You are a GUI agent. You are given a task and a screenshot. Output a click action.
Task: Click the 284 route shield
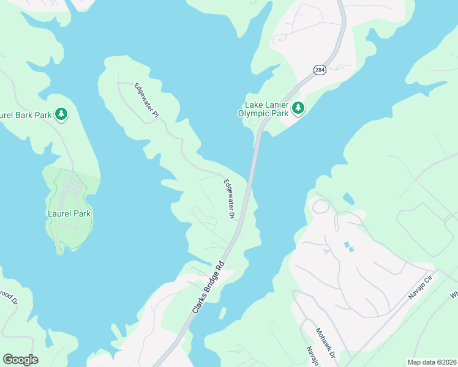coord(320,70)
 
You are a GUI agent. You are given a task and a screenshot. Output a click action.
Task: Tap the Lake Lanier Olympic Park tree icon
coord(298,108)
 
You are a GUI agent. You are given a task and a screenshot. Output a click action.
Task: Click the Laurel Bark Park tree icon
coord(61,114)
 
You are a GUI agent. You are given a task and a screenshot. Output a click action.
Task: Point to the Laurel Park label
coord(69,213)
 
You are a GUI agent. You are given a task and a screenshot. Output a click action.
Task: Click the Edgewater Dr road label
coord(229,199)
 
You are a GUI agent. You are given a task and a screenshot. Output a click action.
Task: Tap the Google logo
coord(20,360)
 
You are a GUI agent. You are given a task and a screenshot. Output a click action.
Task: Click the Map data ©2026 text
coord(431,362)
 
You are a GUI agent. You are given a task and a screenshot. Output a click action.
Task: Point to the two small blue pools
coord(348,247)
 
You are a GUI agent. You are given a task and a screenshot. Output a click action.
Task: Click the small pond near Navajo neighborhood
coord(348,199)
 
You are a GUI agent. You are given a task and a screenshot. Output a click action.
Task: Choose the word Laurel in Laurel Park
coord(59,213)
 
